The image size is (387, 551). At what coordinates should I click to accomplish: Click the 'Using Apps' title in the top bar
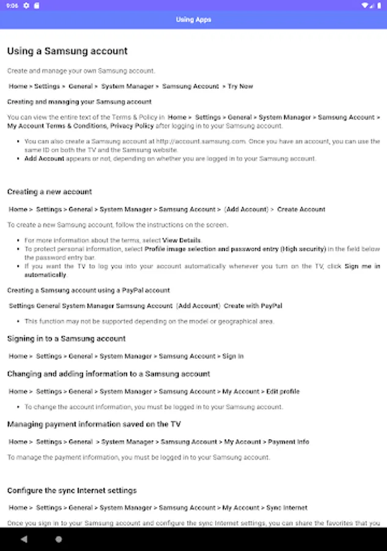(193, 20)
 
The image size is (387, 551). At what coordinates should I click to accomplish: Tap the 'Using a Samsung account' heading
(67, 51)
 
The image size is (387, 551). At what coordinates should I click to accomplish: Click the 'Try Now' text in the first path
(240, 86)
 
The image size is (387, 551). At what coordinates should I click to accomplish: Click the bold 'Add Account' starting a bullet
(44, 159)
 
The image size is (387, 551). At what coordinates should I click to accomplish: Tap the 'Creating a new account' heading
(50, 192)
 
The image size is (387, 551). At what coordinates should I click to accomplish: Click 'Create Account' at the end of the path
(301, 209)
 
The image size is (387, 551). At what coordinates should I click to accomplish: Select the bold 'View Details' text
(182, 241)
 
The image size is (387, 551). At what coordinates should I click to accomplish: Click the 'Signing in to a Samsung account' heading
(66, 339)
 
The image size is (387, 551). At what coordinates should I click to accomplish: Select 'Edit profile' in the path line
(282, 391)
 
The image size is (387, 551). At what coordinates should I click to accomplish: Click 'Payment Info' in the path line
(289, 441)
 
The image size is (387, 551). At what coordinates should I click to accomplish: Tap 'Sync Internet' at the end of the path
(287, 508)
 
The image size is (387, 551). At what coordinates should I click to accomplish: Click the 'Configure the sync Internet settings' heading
(72, 490)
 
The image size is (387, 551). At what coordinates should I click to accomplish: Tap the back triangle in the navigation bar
(24, 539)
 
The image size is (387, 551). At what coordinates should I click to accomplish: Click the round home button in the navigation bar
(59, 539)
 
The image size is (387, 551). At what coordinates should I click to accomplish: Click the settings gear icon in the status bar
(26, 6)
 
